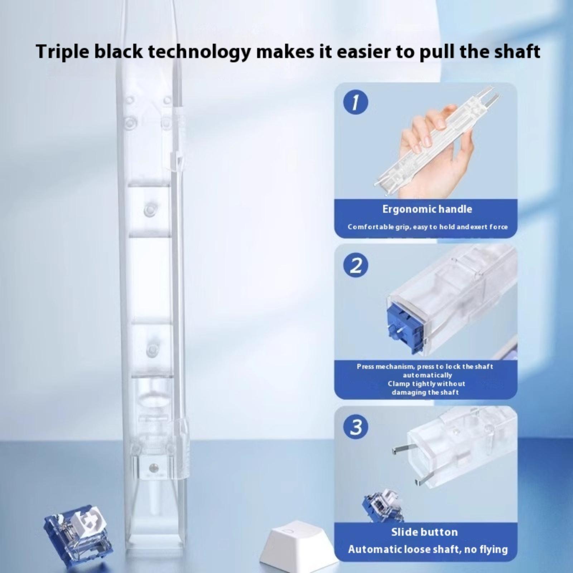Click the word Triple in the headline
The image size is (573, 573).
(62, 52)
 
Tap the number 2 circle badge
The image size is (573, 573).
(356, 265)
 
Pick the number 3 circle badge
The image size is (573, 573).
(356, 427)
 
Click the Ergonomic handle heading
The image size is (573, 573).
(427, 209)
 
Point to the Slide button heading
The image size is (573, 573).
(424, 532)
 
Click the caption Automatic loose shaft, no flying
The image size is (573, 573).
(428, 549)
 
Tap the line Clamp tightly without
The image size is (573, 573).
(427, 384)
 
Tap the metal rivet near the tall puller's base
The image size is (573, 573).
(154, 467)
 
